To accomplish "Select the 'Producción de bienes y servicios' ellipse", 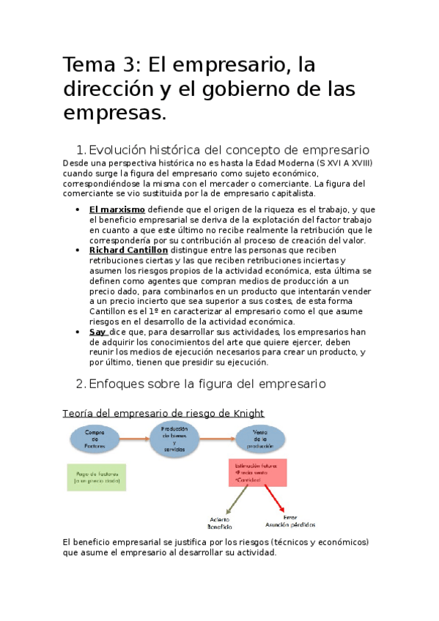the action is click(x=174, y=438).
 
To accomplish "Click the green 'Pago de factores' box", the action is click(x=96, y=476).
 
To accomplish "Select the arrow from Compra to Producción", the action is click(x=134, y=438).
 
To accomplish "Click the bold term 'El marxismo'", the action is click(x=117, y=209).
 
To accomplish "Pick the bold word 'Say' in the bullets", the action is click(x=97, y=331).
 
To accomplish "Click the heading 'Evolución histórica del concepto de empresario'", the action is click(x=228, y=150).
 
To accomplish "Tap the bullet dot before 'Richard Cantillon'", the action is click(x=78, y=250).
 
